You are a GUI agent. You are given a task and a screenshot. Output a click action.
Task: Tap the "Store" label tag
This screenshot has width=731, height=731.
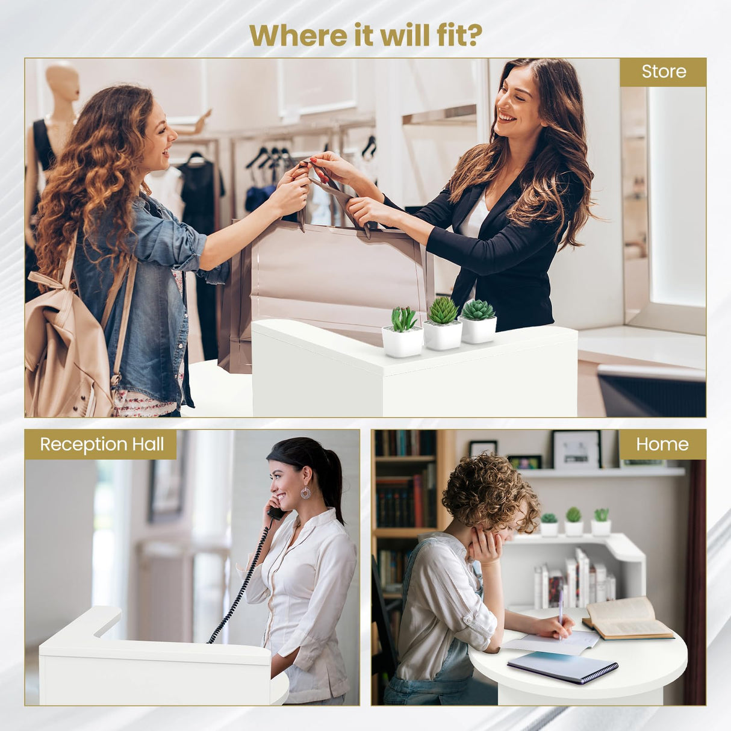(663, 72)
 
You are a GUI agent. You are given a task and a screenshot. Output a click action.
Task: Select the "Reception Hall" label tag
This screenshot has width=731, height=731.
(101, 444)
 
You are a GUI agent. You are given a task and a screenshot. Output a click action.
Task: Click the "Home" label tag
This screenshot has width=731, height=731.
(662, 444)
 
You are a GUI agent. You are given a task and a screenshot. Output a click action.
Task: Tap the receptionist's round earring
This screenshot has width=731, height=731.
(306, 493)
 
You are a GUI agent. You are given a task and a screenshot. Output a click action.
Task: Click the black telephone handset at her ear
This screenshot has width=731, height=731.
(277, 512)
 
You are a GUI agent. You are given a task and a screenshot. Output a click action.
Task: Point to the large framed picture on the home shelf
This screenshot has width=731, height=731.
(576, 449)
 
